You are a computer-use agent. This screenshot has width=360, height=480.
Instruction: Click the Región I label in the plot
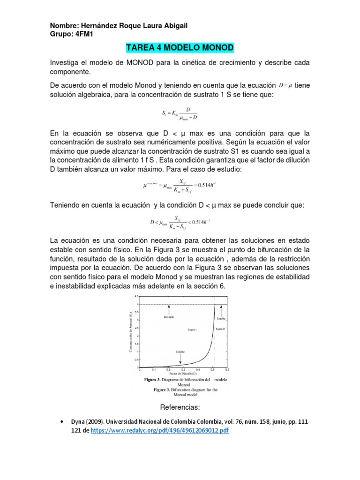click(192, 330)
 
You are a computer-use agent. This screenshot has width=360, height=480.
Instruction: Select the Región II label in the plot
click(220, 330)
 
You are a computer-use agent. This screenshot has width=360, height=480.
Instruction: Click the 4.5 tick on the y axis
click(136, 297)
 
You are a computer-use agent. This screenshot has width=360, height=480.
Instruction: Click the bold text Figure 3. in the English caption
click(164, 390)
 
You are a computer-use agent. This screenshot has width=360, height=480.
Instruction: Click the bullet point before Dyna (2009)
click(63, 421)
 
